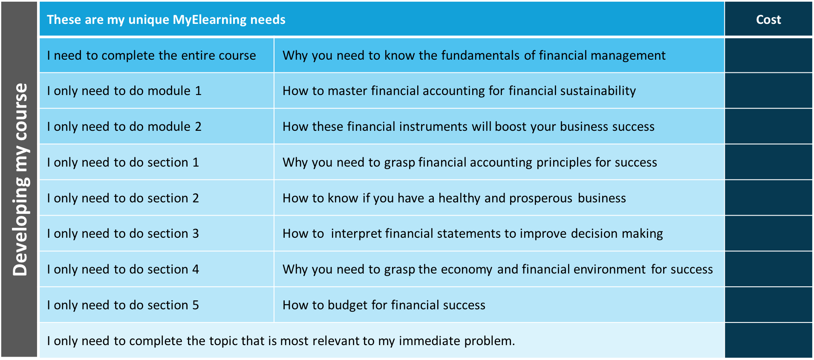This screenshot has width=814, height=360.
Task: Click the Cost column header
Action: (x=768, y=20)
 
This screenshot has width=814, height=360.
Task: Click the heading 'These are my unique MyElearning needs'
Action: (x=166, y=20)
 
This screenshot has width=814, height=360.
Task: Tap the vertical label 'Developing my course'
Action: (x=20, y=179)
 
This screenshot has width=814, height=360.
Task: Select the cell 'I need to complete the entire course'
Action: (x=151, y=55)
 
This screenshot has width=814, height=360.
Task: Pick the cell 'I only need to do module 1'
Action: (x=124, y=91)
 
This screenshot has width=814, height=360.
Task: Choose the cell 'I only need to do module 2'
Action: (x=124, y=127)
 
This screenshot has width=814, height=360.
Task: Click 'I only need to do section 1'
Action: (x=123, y=162)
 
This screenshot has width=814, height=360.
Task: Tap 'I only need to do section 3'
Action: (x=123, y=233)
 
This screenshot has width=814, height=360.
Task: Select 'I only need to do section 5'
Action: (x=123, y=305)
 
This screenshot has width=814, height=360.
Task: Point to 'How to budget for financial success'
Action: (x=384, y=305)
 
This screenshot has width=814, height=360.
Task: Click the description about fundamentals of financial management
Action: (x=473, y=55)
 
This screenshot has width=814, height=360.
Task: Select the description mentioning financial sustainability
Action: (x=459, y=91)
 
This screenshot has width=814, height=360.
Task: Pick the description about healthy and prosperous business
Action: (x=454, y=198)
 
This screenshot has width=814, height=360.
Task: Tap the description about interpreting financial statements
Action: (x=472, y=233)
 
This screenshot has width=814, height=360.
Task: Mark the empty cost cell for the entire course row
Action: (x=768, y=55)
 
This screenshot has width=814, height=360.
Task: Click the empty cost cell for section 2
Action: (x=768, y=198)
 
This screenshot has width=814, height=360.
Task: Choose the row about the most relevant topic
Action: (x=281, y=341)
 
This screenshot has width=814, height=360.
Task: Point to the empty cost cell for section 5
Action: (x=768, y=305)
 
